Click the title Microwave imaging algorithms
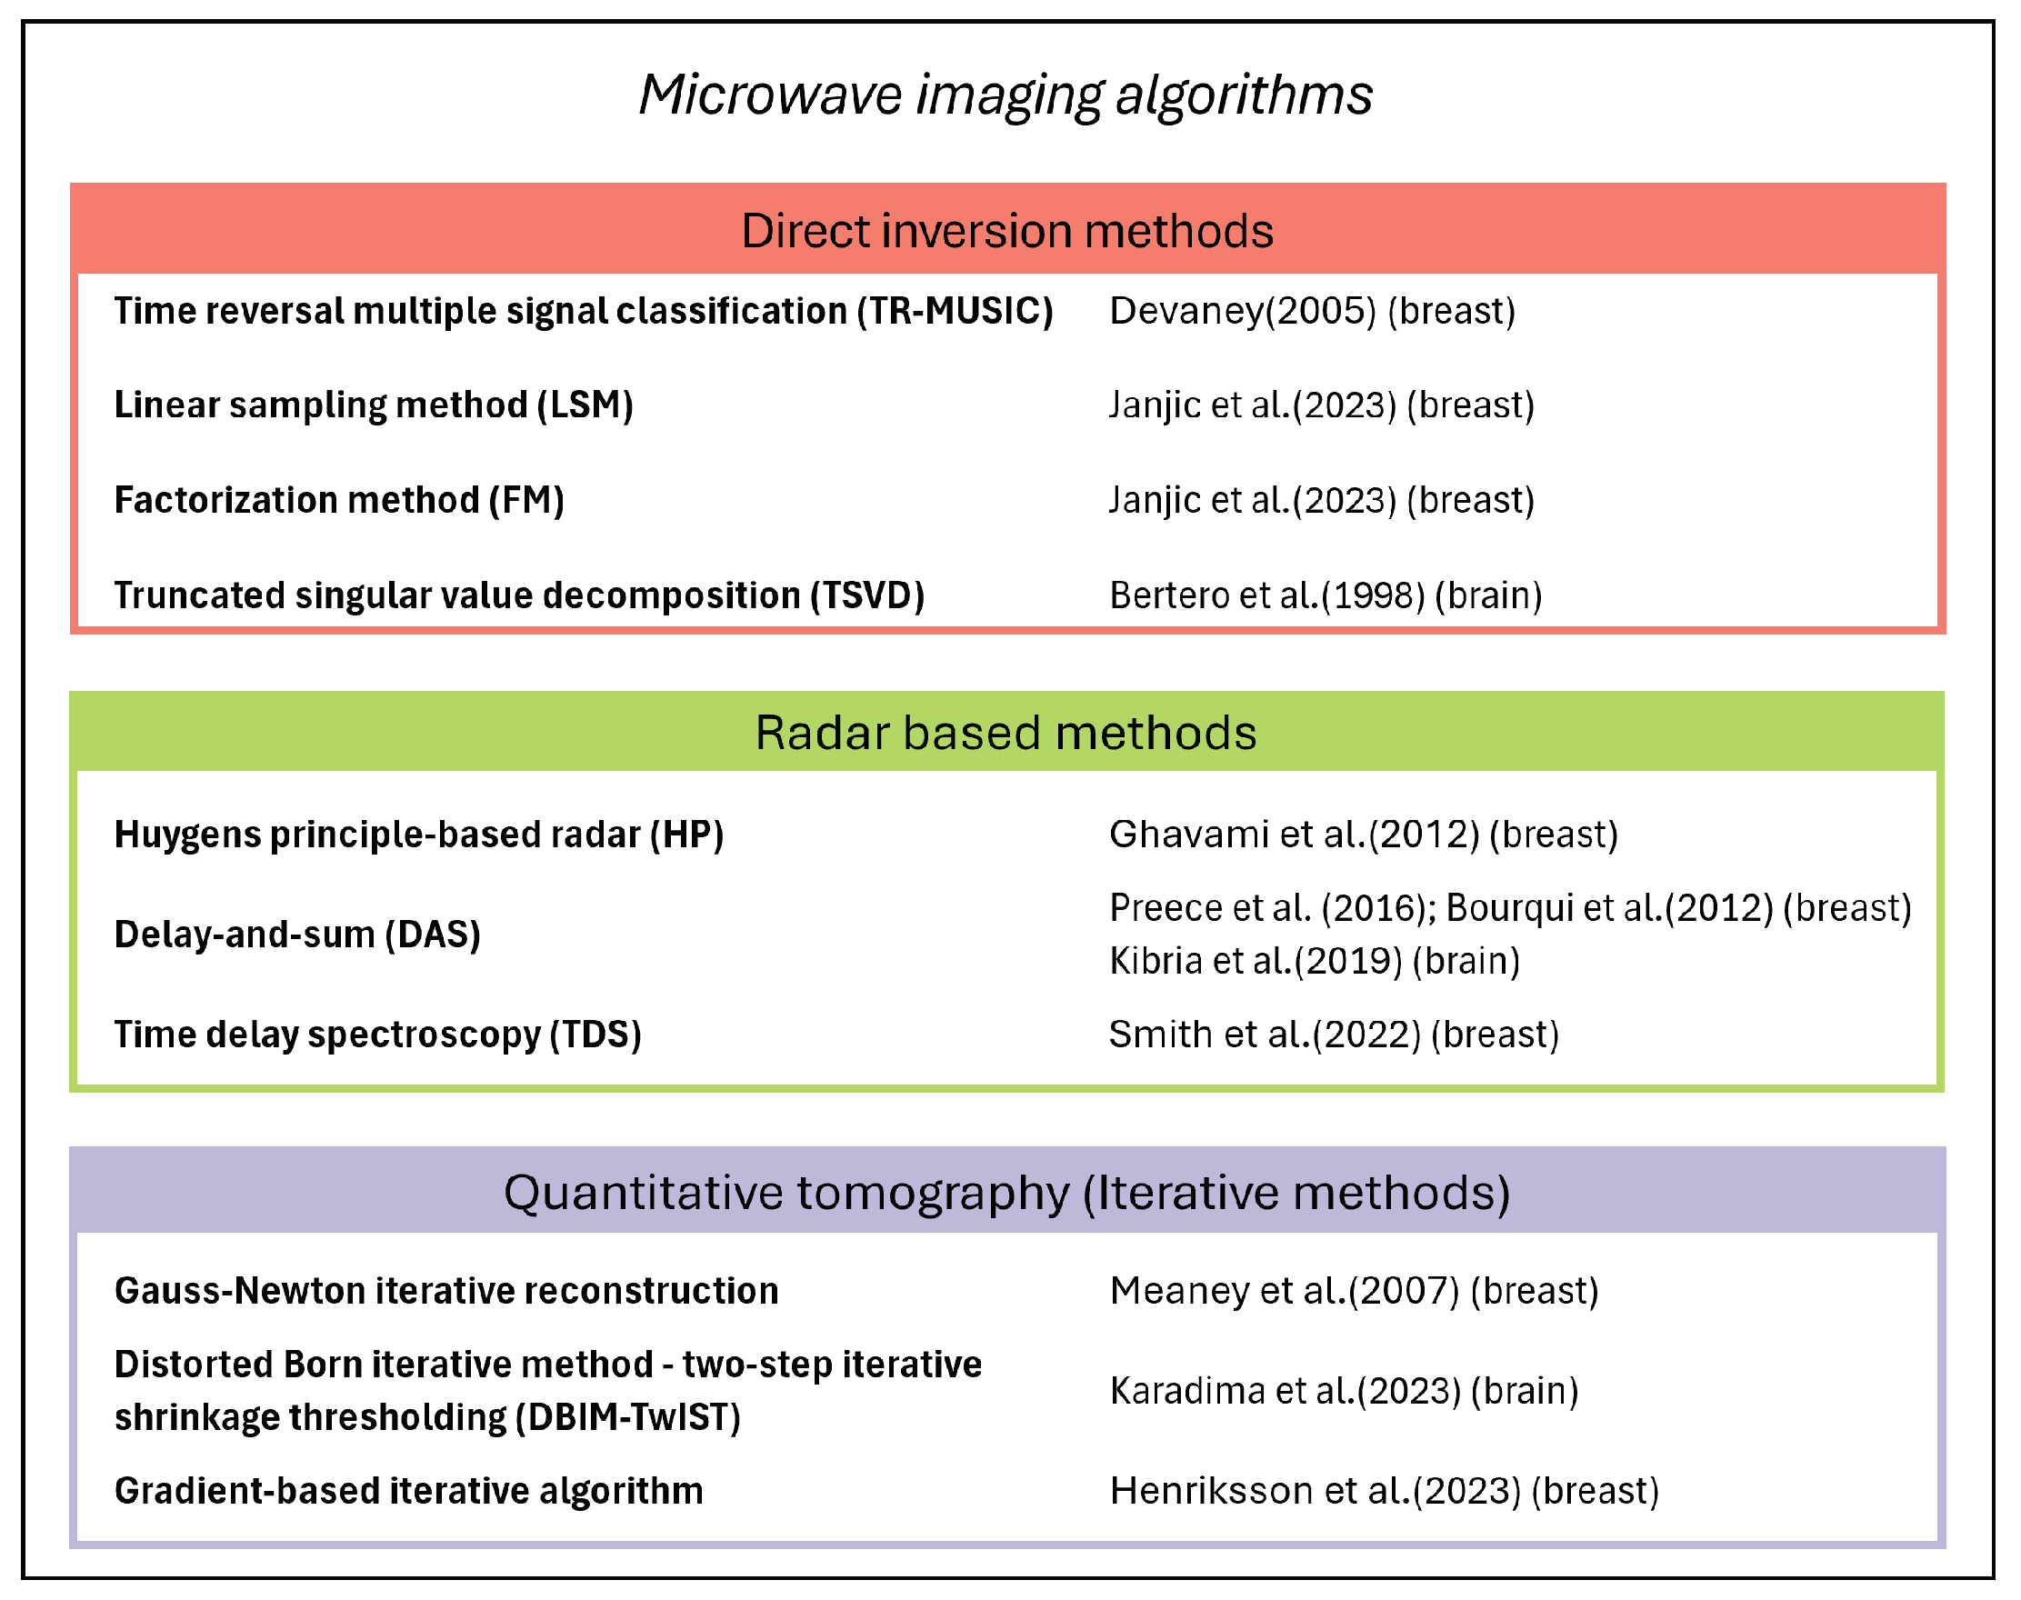coord(1005,95)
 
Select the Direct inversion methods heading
coord(1007,230)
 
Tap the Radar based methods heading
coord(1005,733)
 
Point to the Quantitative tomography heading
coord(1007,1193)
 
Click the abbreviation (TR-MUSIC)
coord(955,311)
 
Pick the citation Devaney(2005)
coord(1243,311)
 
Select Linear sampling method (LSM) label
coord(374,405)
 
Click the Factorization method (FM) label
coord(339,500)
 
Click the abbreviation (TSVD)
coord(867,595)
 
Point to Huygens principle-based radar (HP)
coord(419,835)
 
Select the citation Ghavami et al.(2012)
coord(1294,835)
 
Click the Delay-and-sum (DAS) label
coord(297,935)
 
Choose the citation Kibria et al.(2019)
coord(1256,961)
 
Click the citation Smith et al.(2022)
coord(1265,1035)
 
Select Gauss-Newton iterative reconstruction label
coord(446,1291)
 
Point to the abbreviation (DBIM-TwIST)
coord(628,1417)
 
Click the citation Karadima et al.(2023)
coord(1285,1391)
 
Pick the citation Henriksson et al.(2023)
coord(1316,1491)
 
